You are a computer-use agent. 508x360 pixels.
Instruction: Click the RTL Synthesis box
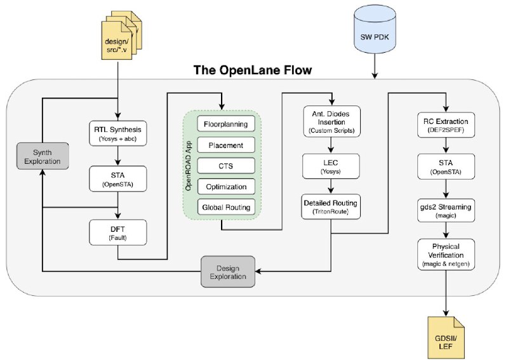tap(118, 133)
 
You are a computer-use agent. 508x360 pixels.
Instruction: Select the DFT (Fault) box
tap(118, 232)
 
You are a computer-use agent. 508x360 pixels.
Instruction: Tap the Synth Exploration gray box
tap(43, 156)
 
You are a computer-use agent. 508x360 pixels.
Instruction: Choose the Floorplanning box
tap(226, 124)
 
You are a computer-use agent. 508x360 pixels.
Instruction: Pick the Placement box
tap(226, 145)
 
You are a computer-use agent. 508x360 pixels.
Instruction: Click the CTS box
tap(226, 166)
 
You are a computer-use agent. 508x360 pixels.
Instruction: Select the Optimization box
tap(226, 186)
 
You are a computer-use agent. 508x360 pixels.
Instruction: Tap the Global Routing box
tap(226, 207)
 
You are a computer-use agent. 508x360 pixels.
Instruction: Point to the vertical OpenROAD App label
tap(188, 166)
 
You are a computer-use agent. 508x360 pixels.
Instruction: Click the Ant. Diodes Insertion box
tap(331, 121)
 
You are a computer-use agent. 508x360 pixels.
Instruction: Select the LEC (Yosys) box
tap(331, 166)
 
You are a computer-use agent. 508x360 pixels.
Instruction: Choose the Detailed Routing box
tap(331, 207)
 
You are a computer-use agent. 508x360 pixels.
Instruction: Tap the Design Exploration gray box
tap(228, 272)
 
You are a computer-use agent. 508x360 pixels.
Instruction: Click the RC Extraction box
tap(446, 124)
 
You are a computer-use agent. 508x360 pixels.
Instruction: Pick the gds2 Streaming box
tap(446, 210)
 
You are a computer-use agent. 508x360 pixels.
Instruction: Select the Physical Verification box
tap(446, 255)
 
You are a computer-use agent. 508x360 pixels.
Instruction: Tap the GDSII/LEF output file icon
tap(446, 337)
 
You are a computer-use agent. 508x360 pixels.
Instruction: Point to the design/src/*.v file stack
tap(121, 36)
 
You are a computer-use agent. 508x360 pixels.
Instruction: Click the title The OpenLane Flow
tap(253, 70)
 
